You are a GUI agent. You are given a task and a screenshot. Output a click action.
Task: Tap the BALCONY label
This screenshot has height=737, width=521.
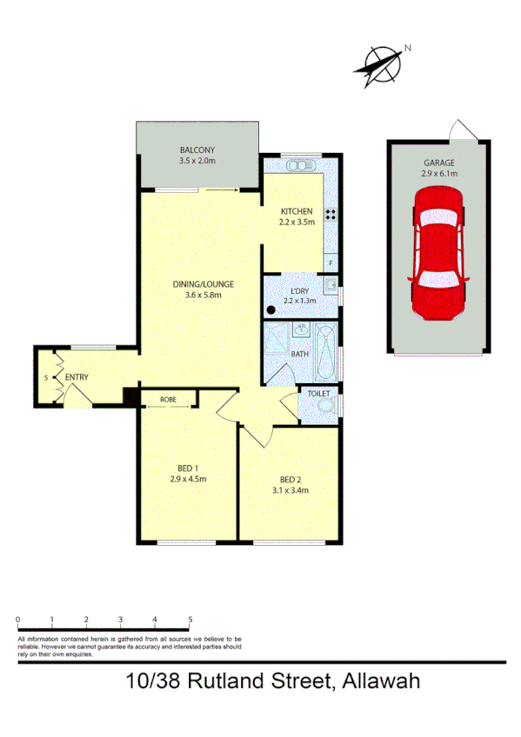[197, 150]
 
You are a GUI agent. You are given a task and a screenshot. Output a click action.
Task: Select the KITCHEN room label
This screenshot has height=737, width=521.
[296, 211]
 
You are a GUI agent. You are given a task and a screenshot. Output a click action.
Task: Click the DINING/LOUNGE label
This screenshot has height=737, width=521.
[204, 283]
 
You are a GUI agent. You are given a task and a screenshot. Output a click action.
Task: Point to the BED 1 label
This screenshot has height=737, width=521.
[187, 467]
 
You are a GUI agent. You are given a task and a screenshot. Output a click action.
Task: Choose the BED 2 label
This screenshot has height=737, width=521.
[291, 479]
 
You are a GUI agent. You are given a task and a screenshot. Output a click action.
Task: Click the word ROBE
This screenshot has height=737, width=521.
[169, 400]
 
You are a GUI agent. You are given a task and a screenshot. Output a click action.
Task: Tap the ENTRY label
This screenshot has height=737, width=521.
[77, 376]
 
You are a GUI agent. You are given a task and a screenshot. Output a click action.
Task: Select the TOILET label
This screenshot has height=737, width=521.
[318, 393]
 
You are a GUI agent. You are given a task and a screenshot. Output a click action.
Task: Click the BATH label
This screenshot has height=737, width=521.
[299, 354]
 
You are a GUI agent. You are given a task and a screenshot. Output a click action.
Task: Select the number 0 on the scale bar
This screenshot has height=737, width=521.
[18, 620]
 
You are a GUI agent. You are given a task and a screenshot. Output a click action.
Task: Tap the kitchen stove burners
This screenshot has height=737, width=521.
[331, 214]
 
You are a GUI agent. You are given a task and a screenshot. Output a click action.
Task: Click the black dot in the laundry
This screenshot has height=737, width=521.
[271, 308]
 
